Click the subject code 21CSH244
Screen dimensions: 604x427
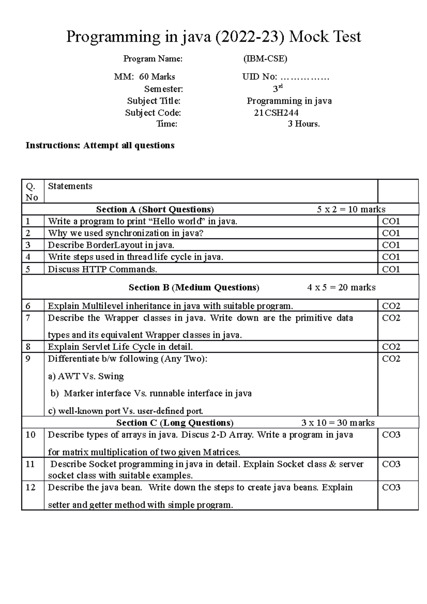tap(276, 113)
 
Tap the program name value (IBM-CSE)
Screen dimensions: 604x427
tap(265, 59)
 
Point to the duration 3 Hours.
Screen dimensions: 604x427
tap(304, 124)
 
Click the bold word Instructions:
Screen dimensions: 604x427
tap(53, 145)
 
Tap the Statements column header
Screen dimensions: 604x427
tap(70, 186)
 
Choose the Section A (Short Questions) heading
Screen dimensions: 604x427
tap(155, 209)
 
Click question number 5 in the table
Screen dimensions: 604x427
tap(28, 269)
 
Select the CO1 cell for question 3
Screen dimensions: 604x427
tap(391, 245)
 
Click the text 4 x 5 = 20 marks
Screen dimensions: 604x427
tap(341, 287)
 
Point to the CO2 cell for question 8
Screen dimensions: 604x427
tap(391, 347)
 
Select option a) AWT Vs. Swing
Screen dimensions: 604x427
tap(86, 376)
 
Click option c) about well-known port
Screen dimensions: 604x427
tap(125, 411)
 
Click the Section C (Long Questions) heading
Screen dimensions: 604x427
tap(175, 423)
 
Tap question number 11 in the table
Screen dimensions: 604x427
tap(31, 464)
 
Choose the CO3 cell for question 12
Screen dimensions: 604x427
tap(391, 488)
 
